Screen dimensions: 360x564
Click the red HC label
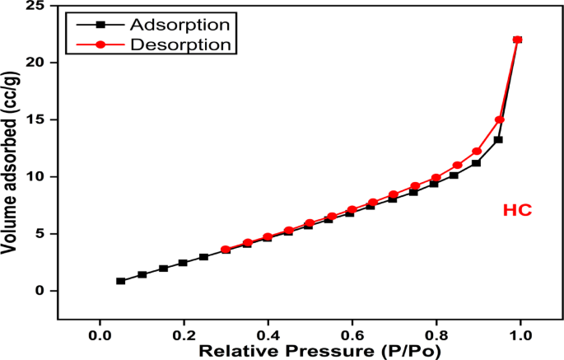517,211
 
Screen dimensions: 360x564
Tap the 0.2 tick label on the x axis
184,335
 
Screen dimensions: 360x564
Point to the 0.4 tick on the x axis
268,335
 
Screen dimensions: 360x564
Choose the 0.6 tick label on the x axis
352,335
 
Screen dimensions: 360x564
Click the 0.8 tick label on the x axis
436,335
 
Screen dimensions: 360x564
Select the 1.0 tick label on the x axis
520,335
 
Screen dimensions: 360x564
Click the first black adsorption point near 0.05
121,281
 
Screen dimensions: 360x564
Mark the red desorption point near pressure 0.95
499,120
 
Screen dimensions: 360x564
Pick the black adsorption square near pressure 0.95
498,140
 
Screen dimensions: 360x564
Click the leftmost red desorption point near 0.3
226,250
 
